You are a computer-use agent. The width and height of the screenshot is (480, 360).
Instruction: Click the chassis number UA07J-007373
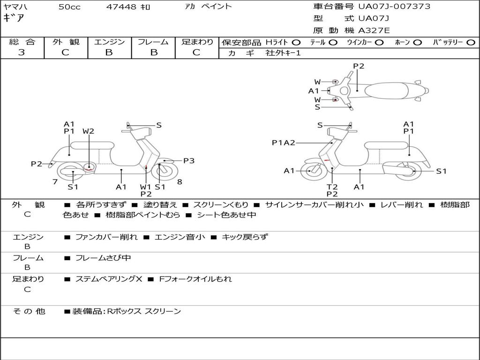click(x=394, y=7)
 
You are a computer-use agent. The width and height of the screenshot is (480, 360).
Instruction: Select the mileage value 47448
click(x=121, y=7)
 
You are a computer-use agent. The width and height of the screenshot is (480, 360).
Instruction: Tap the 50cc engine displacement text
click(x=69, y=7)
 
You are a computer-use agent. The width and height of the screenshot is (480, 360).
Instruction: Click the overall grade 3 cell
click(x=22, y=52)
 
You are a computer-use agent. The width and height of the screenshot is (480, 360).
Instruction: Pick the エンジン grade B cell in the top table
click(x=109, y=52)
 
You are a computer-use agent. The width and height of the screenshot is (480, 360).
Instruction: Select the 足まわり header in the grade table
click(x=197, y=42)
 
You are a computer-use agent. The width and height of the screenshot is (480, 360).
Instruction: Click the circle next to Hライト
click(x=296, y=43)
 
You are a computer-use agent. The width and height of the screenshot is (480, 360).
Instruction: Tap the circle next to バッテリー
click(x=471, y=43)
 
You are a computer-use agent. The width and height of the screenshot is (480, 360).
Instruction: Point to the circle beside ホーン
click(x=417, y=43)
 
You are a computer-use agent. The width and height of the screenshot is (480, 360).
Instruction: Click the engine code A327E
click(x=374, y=30)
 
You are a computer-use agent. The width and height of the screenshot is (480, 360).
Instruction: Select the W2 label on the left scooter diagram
click(x=88, y=131)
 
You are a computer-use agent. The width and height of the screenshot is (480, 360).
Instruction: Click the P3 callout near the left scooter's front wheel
click(x=188, y=161)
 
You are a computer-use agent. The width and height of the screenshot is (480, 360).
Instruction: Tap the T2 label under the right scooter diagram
click(x=332, y=187)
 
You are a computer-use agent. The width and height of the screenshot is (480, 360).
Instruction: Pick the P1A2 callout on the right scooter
click(x=284, y=143)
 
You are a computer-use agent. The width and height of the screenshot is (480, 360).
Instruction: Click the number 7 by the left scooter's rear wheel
click(x=55, y=181)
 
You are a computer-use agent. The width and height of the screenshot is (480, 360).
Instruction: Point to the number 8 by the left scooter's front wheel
click(x=180, y=181)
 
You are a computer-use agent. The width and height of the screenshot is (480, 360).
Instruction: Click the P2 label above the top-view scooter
click(x=359, y=66)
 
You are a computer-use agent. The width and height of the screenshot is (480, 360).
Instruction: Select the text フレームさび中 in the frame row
click(x=103, y=258)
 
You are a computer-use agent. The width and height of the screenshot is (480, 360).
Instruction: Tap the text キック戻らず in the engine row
click(x=244, y=237)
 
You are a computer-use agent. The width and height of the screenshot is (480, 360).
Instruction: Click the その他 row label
click(x=29, y=311)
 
